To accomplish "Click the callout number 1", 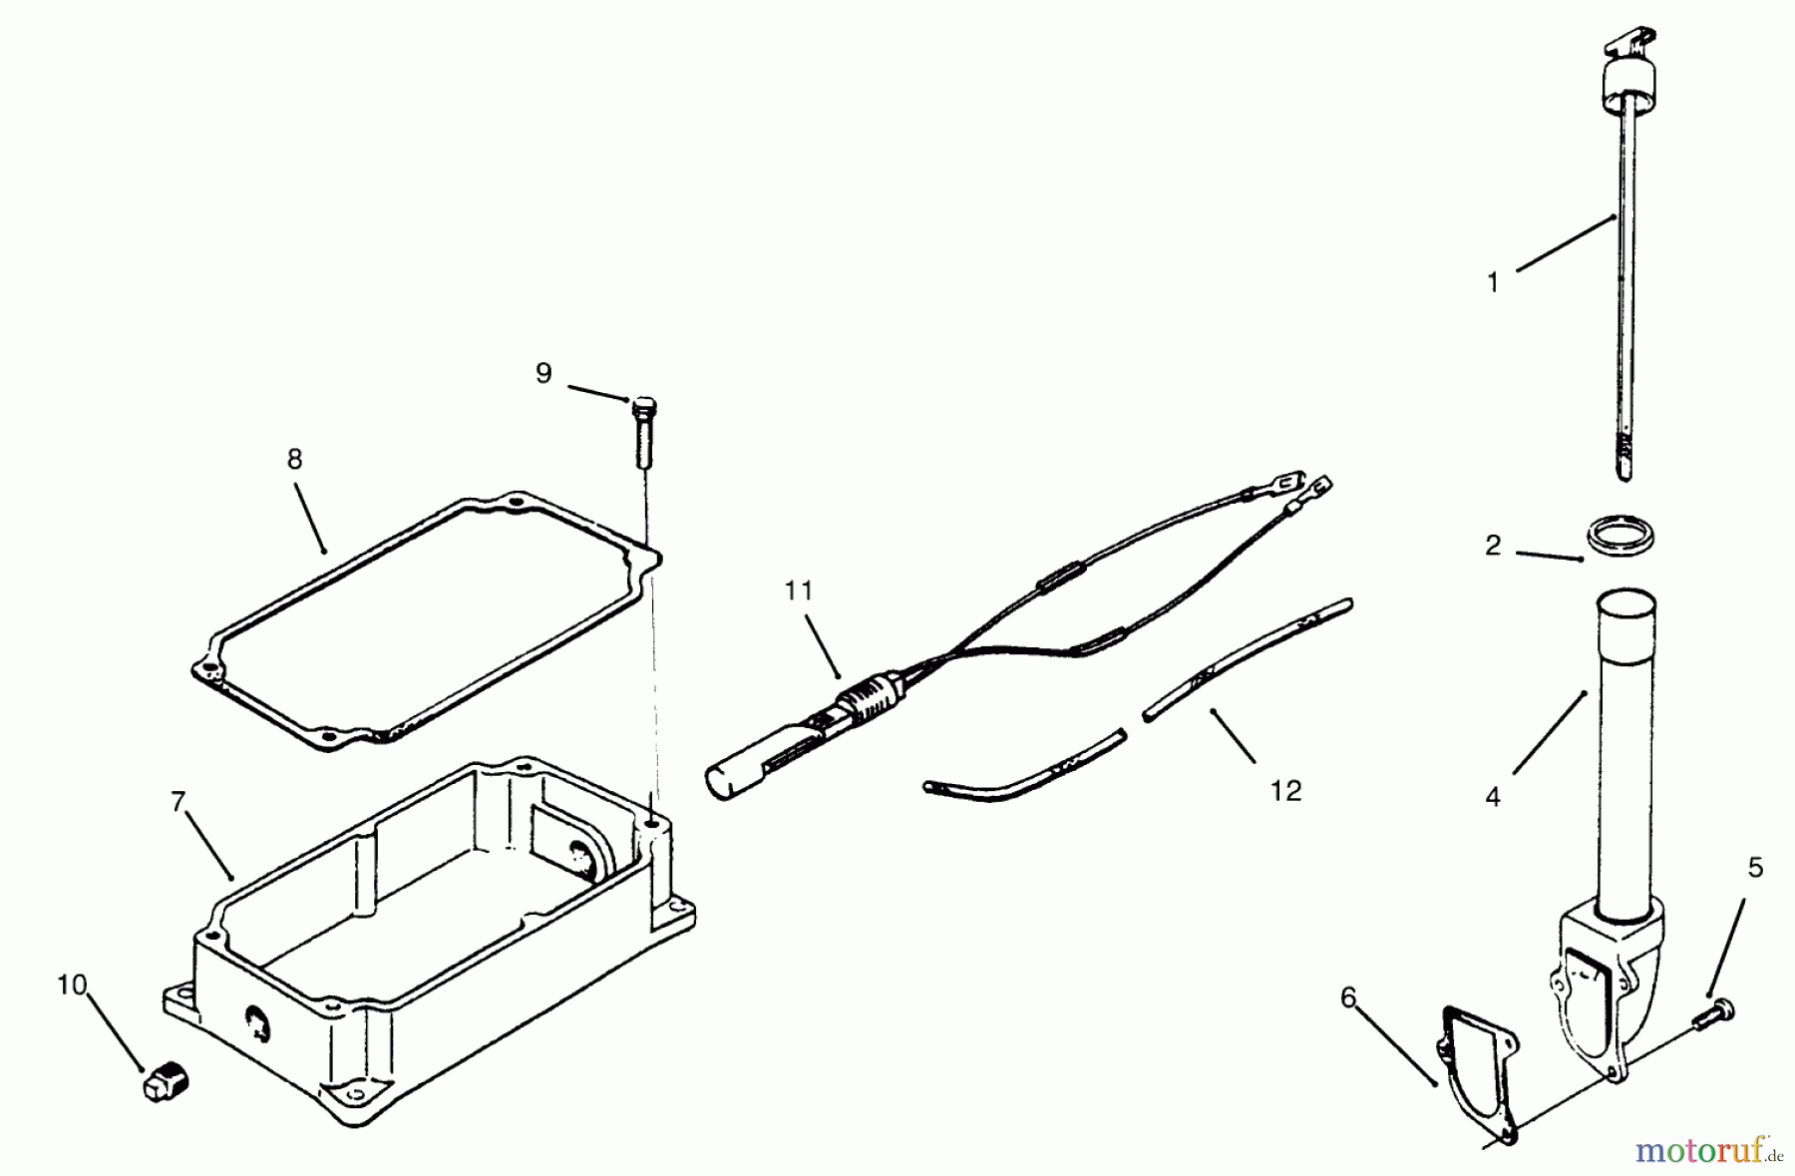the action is click(x=1493, y=283).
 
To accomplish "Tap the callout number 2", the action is click(x=1493, y=546).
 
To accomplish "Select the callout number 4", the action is click(x=1493, y=797).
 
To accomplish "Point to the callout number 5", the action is click(x=1756, y=868).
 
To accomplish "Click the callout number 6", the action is click(x=1349, y=998).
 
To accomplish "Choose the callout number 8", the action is click(x=294, y=460).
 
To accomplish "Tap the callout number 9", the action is click(x=543, y=374).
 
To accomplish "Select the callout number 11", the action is click(x=799, y=591).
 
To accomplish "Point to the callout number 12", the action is click(x=1286, y=791).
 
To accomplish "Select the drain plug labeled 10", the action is click(x=167, y=1083).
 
